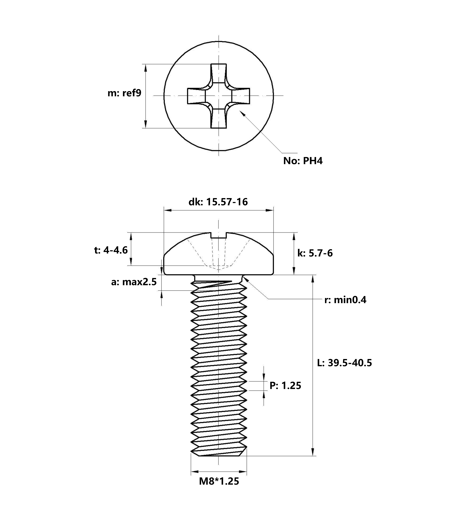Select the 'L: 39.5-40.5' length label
click(344, 363)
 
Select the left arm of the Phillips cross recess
click(197, 96)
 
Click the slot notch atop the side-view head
click(219, 235)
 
